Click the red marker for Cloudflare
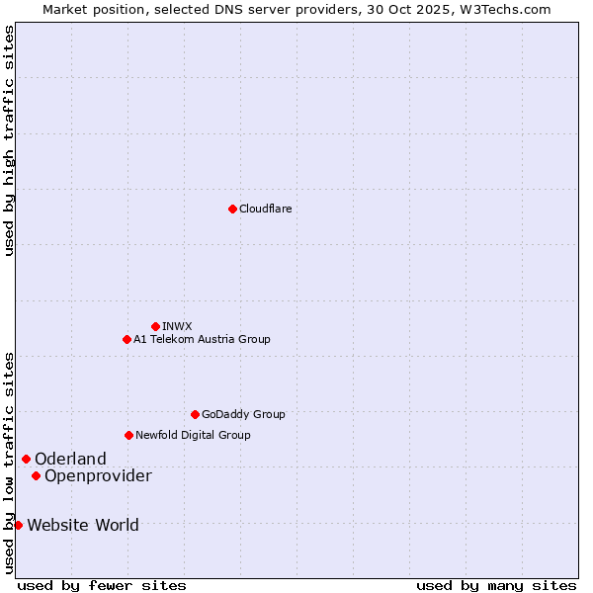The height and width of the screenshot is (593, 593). pos(232,209)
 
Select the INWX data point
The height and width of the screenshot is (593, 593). pos(155,326)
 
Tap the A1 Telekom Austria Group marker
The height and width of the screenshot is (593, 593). pos(127,339)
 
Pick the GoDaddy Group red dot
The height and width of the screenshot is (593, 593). pos(195,414)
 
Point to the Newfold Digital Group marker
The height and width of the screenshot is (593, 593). pos(128,435)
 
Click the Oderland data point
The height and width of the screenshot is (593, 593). pos(26,459)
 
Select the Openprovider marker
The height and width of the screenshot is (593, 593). pos(36,475)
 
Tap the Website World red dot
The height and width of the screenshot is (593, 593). pos(18,525)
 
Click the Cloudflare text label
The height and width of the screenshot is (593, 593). pos(265,209)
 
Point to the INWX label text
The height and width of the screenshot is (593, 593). pos(177,326)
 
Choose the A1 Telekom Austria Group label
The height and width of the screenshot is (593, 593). pos(202,339)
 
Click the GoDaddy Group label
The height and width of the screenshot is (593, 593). pos(243,414)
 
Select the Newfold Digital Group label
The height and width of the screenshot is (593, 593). pos(193,435)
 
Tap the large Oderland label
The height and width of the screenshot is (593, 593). pos(70,459)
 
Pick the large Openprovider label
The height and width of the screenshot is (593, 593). pos(98,476)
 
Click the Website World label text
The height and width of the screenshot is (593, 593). pos(83,525)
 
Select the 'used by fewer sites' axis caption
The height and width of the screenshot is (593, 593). pos(102,585)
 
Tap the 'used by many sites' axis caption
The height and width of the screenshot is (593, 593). pos(496,585)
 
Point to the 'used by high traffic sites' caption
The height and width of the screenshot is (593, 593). pos(9,140)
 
